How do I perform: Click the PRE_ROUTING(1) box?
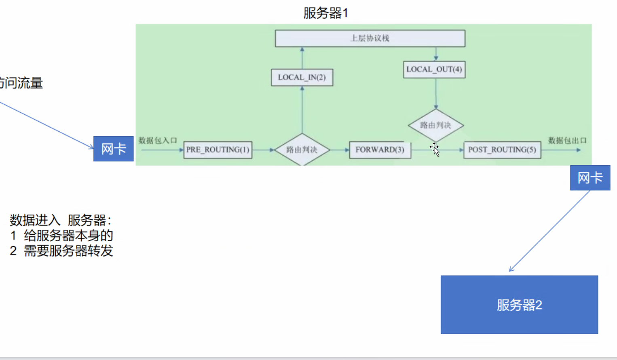[x=218, y=150]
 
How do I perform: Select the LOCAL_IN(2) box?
[x=302, y=78]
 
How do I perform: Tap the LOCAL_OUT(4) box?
[x=434, y=69]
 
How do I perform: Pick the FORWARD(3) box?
[x=380, y=150]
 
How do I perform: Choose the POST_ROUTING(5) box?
[x=502, y=150]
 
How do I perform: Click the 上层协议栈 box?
[x=370, y=38]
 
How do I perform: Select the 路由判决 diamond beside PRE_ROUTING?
[x=302, y=150]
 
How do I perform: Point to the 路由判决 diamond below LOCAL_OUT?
[x=435, y=125]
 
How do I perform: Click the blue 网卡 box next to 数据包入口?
[x=114, y=149]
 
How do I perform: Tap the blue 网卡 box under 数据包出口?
[x=590, y=178]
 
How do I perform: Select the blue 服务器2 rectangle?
[x=519, y=305]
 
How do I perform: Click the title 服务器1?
[x=325, y=13]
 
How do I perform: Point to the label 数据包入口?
[x=158, y=140]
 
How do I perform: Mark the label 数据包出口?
[x=567, y=140]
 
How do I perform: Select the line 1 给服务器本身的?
[x=61, y=236]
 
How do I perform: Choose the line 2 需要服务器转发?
[x=61, y=251]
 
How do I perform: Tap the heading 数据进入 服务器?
[x=61, y=220]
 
